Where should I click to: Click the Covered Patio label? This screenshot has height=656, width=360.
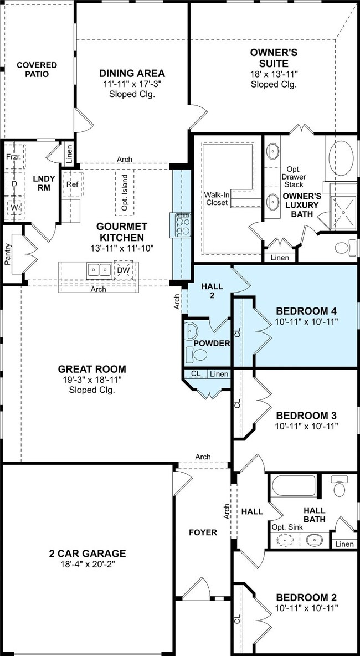tap(37, 69)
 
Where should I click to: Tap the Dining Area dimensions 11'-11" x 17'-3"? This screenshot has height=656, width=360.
tap(132, 84)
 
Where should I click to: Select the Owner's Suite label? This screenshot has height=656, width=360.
tap(274, 58)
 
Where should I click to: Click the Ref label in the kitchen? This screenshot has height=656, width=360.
tap(73, 183)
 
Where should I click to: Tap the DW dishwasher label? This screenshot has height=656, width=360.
tap(123, 270)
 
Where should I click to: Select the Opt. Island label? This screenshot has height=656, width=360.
tap(125, 193)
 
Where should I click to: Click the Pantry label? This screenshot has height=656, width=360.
tap(7, 254)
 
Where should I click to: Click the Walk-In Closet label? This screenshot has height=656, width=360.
tap(217, 199)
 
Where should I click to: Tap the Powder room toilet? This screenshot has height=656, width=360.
tap(200, 355)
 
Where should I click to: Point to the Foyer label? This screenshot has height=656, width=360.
tap(203, 532)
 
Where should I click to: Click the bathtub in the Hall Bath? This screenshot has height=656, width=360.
tap(293, 486)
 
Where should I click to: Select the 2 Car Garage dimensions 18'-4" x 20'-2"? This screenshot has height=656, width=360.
tap(88, 564)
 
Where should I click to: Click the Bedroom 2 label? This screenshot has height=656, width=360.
tap(307, 597)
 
